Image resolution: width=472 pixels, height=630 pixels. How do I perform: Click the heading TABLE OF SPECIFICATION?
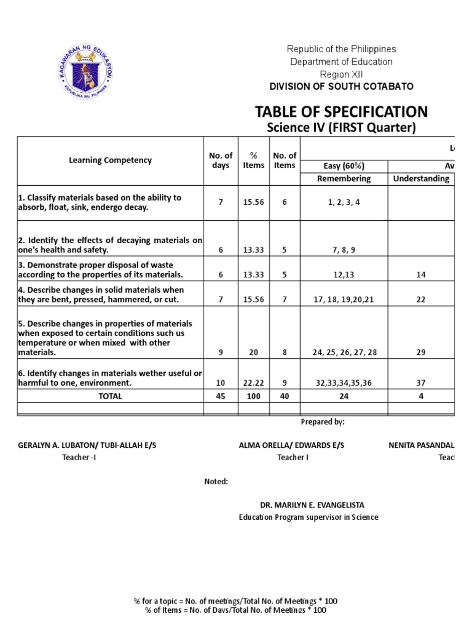coord(341,111)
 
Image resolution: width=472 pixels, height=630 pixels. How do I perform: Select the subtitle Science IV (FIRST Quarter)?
coord(341,127)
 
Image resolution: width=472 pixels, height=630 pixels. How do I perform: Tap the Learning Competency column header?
coord(110,160)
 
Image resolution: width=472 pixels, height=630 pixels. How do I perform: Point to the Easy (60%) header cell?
coord(344,166)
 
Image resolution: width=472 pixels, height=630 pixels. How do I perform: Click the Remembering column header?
coord(344,178)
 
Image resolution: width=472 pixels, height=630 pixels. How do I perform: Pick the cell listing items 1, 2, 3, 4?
coord(344,202)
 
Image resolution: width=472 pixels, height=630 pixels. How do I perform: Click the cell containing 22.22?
coord(253,383)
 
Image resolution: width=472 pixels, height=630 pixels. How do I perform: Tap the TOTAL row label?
coord(110,396)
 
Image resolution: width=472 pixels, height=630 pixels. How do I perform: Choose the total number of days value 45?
coord(221,396)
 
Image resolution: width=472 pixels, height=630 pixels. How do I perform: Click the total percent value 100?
coord(253,396)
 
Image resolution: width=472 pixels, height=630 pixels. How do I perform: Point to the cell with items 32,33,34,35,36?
coord(344,383)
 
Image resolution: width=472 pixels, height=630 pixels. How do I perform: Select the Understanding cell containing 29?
coord(421,353)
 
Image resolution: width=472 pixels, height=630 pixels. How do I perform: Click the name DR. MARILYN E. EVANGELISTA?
coord(309,505)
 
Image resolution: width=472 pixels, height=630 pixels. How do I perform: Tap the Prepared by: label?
coord(323,422)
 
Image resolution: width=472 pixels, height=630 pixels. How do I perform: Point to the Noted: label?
coord(216,481)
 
